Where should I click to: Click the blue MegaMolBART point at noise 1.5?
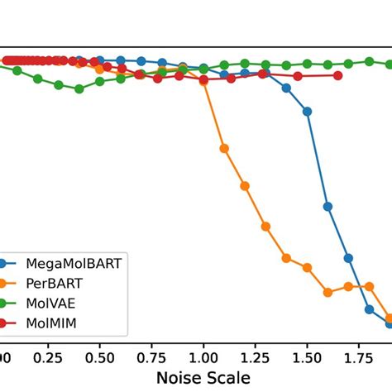pyautogui.click(x=307, y=111)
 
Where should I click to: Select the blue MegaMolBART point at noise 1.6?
pyautogui.click(x=327, y=206)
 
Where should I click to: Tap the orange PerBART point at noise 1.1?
pyautogui.click(x=224, y=149)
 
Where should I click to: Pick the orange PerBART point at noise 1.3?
pyautogui.click(x=265, y=226)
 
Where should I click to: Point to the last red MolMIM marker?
pyautogui.click(x=338, y=75)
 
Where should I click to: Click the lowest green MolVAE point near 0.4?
pyautogui.click(x=79, y=88)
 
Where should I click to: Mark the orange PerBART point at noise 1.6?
pyautogui.click(x=327, y=292)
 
